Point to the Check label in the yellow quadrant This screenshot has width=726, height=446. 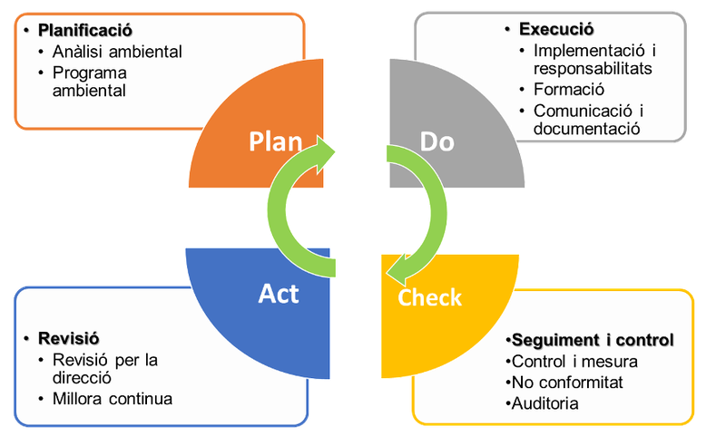pyautogui.click(x=430, y=296)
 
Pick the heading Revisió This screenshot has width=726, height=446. pyautogui.click(x=71, y=339)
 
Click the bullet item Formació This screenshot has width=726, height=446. pyautogui.click(x=569, y=90)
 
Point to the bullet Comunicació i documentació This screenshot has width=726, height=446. pyautogui.click(x=587, y=120)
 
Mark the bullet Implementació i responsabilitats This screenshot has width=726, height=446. pyautogui.click(x=593, y=59)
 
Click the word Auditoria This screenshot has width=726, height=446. pyautogui.click(x=544, y=402)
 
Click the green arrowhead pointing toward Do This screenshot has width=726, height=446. pyautogui.click(x=327, y=147)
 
